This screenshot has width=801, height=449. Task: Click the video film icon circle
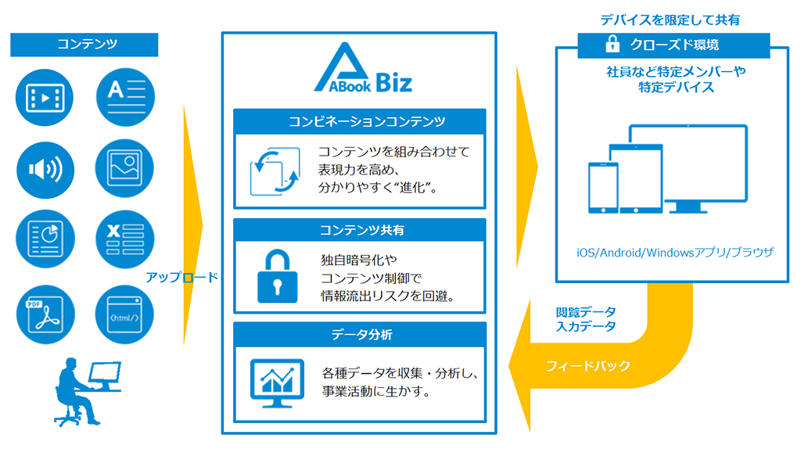45,98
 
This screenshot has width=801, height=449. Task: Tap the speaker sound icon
45,167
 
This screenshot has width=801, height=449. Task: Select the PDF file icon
45,315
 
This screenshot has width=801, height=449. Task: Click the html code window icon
125,315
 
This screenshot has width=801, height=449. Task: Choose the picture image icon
125,167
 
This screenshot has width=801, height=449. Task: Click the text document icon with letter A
125,98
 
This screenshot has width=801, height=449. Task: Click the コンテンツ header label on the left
84,45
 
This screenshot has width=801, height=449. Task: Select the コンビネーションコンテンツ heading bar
360,121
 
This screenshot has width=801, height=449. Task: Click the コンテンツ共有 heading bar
360,230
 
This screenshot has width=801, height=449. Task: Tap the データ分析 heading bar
360,334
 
